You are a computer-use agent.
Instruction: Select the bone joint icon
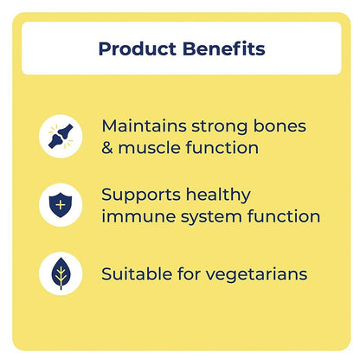pos(60,136)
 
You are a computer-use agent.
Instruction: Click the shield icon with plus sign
pos(60,205)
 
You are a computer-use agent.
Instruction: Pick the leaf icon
pos(60,274)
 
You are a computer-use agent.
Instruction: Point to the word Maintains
pos(142,125)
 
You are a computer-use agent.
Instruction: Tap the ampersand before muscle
pos(108,148)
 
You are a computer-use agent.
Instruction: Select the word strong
pos(220,125)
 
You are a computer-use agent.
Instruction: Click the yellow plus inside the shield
pos(60,205)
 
